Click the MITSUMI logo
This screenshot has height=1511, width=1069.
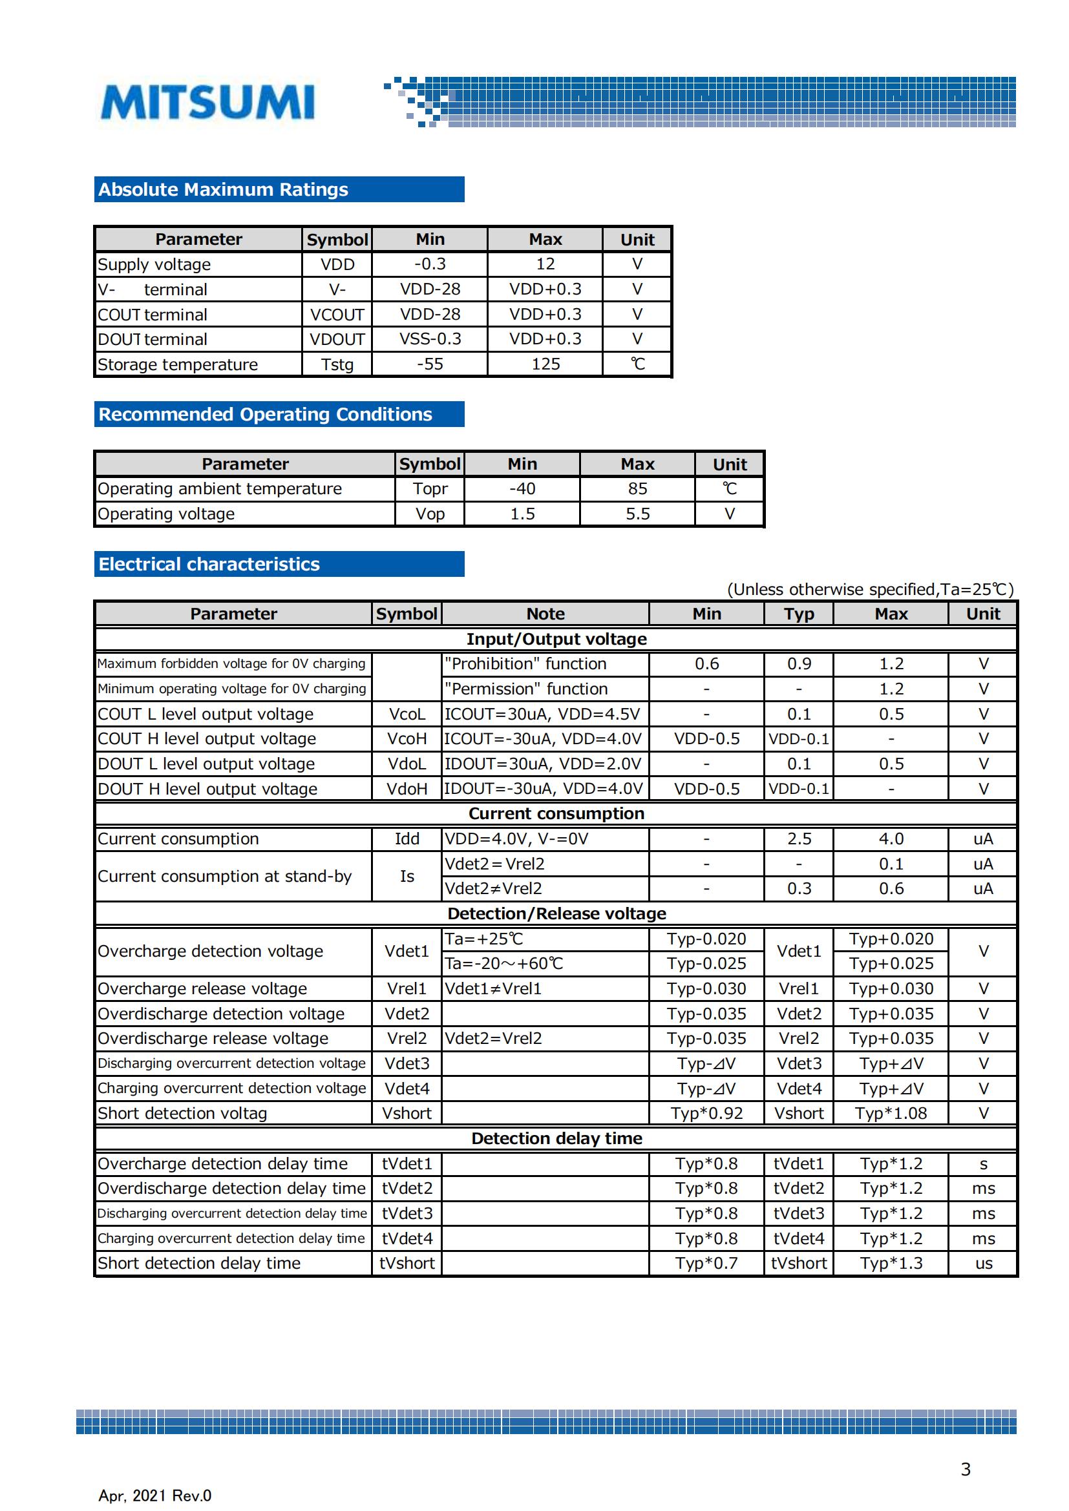tap(207, 102)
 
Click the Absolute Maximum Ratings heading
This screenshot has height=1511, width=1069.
tap(223, 189)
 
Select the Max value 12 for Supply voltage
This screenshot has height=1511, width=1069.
tap(545, 264)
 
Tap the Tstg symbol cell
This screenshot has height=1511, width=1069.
tap(337, 364)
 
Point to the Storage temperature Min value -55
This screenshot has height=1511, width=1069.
tap(430, 364)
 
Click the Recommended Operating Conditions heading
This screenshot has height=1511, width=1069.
tap(264, 414)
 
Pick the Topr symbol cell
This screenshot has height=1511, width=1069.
tap(430, 489)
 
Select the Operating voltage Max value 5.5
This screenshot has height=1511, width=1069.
tap(637, 514)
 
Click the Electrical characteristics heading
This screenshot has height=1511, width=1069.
tap(209, 564)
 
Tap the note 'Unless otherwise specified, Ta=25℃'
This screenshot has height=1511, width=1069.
tap(869, 589)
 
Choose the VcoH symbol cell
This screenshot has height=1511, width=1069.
tap(407, 739)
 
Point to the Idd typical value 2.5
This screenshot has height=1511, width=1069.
tap(798, 839)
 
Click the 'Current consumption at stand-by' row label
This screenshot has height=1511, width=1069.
tap(224, 877)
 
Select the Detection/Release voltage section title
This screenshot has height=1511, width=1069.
tap(556, 913)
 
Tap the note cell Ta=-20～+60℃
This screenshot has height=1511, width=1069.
tap(503, 963)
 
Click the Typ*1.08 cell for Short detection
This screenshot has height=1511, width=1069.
tap(891, 1114)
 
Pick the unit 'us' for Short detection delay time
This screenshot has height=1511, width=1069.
tap(983, 1264)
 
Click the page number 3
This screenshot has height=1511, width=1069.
tap(965, 1469)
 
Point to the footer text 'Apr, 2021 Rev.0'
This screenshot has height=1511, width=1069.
tap(154, 1495)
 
